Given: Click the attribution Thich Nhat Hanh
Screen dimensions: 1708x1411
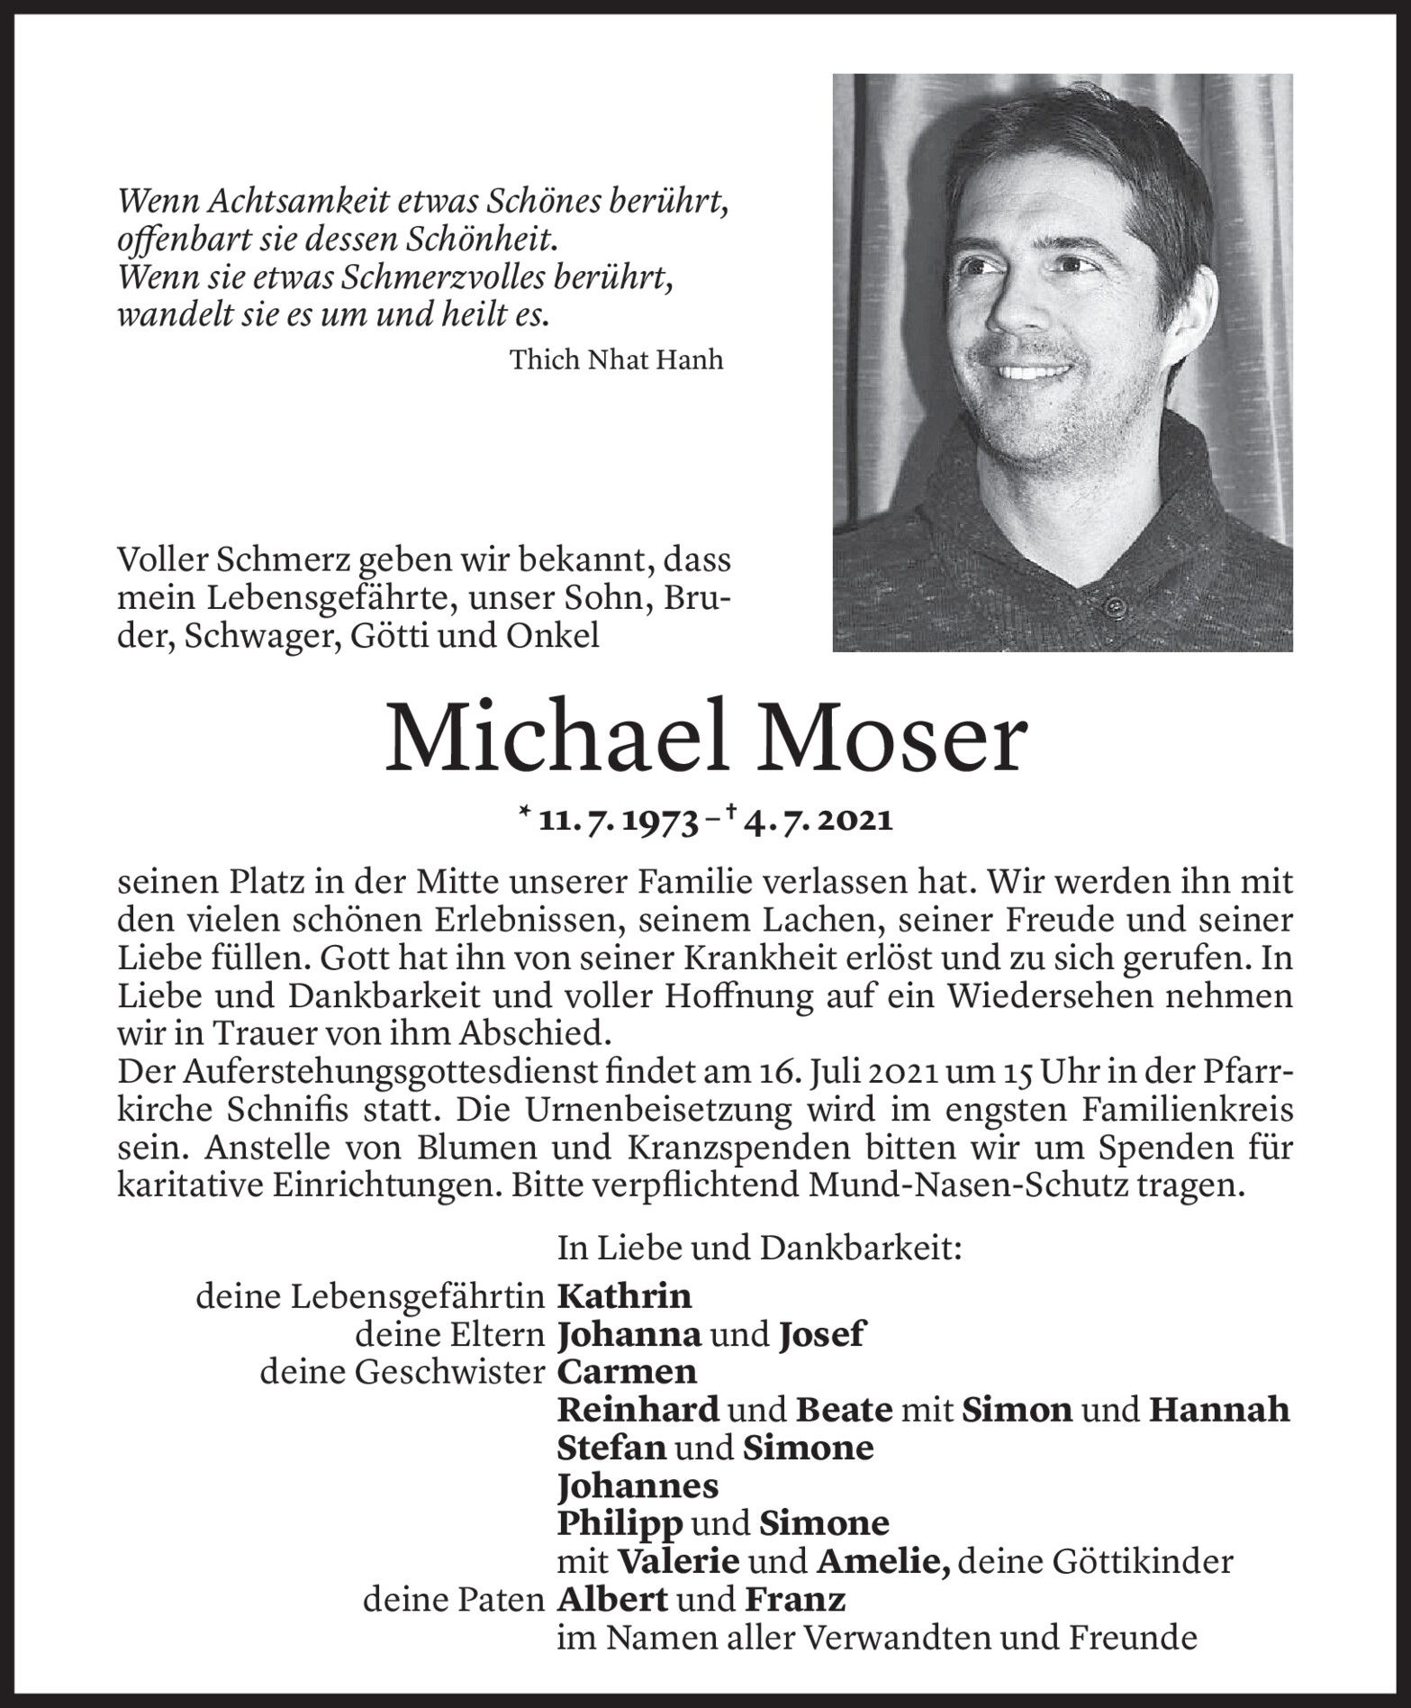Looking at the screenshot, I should (616, 360).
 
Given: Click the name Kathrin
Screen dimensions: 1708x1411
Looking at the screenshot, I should (625, 1296).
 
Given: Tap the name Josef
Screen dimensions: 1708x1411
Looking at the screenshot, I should (819, 1334).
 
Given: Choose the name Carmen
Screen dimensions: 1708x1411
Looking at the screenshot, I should (628, 1372).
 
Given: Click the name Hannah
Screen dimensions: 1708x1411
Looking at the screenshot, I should (1219, 1410).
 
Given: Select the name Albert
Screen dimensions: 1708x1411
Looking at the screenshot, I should (613, 1600).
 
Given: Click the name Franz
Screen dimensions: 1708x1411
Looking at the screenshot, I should (795, 1600).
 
